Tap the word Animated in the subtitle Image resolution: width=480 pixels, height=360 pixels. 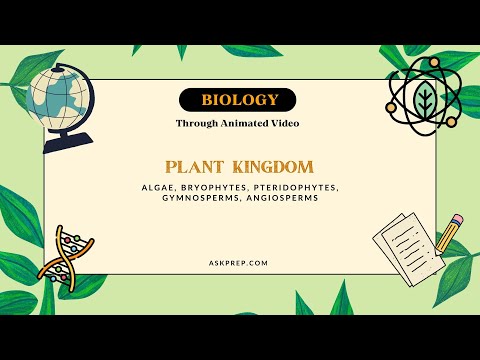[x=245, y=123]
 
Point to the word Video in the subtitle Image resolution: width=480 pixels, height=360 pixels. [x=284, y=123]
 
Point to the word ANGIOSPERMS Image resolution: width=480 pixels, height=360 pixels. [x=282, y=198]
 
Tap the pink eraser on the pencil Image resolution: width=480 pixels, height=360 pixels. [x=457, y=217]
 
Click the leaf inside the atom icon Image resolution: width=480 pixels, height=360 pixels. [x=424, y=101]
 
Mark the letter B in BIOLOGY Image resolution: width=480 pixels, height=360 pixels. [x=207, y=100]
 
